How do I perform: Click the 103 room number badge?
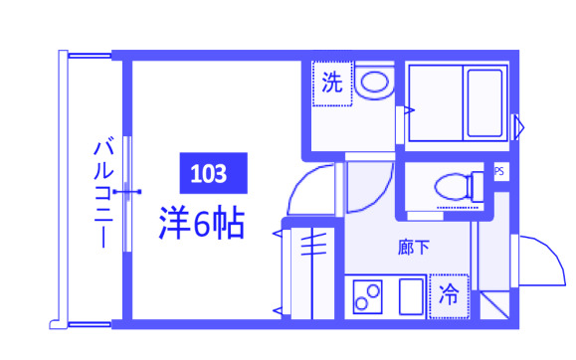click(x=211, y=174)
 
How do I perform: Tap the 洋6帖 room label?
click(x=203, y=223)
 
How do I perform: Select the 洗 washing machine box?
click(x=331, y=83)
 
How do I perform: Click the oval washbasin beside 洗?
click(x=375, y=84)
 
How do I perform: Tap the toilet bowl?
click(x=454, y=185)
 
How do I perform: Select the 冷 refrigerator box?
click(x=450, y=294)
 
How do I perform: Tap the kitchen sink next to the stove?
click(x=410, y=296)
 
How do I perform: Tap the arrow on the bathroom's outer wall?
click(x=517, y=125)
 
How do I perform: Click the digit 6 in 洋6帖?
click(x=203, y=224)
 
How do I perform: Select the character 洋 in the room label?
click(x=174, y=223)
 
